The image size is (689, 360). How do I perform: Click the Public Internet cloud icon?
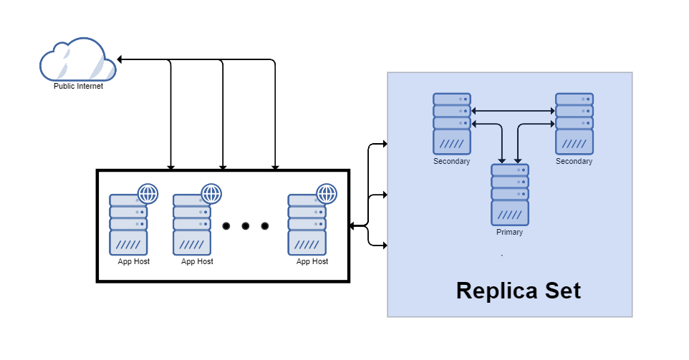pyautogui.click(x=77, y=62)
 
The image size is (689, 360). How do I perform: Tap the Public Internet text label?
pyautogui.click(x=79, y=87)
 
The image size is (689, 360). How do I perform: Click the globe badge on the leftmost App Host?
pyautogui.click(x=148, y=193)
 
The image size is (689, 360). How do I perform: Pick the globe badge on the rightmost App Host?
pyautogui.click(x=327, y=193)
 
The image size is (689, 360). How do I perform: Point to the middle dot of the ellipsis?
pyautogui.click(x=245, y=226)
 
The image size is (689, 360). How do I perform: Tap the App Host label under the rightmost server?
pyautogui.click(x=312, y=262)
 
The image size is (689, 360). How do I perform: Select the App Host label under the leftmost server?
pyautogui.click(x=134, y=262)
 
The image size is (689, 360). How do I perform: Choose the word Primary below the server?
pyautogui.click(x=510, y=233)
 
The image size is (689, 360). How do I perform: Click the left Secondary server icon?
pyautogui.click(x=451, y=124)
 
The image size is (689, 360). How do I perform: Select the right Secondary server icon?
pyautogui.click(x=574, y=124)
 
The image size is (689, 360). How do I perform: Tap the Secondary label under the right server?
pyautogui.click(x=574, y=162)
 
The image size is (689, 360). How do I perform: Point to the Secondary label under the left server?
pyautogui.click(x=452, y=162)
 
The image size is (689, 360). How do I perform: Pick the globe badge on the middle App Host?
pyautogui.click(x=211, y=193)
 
